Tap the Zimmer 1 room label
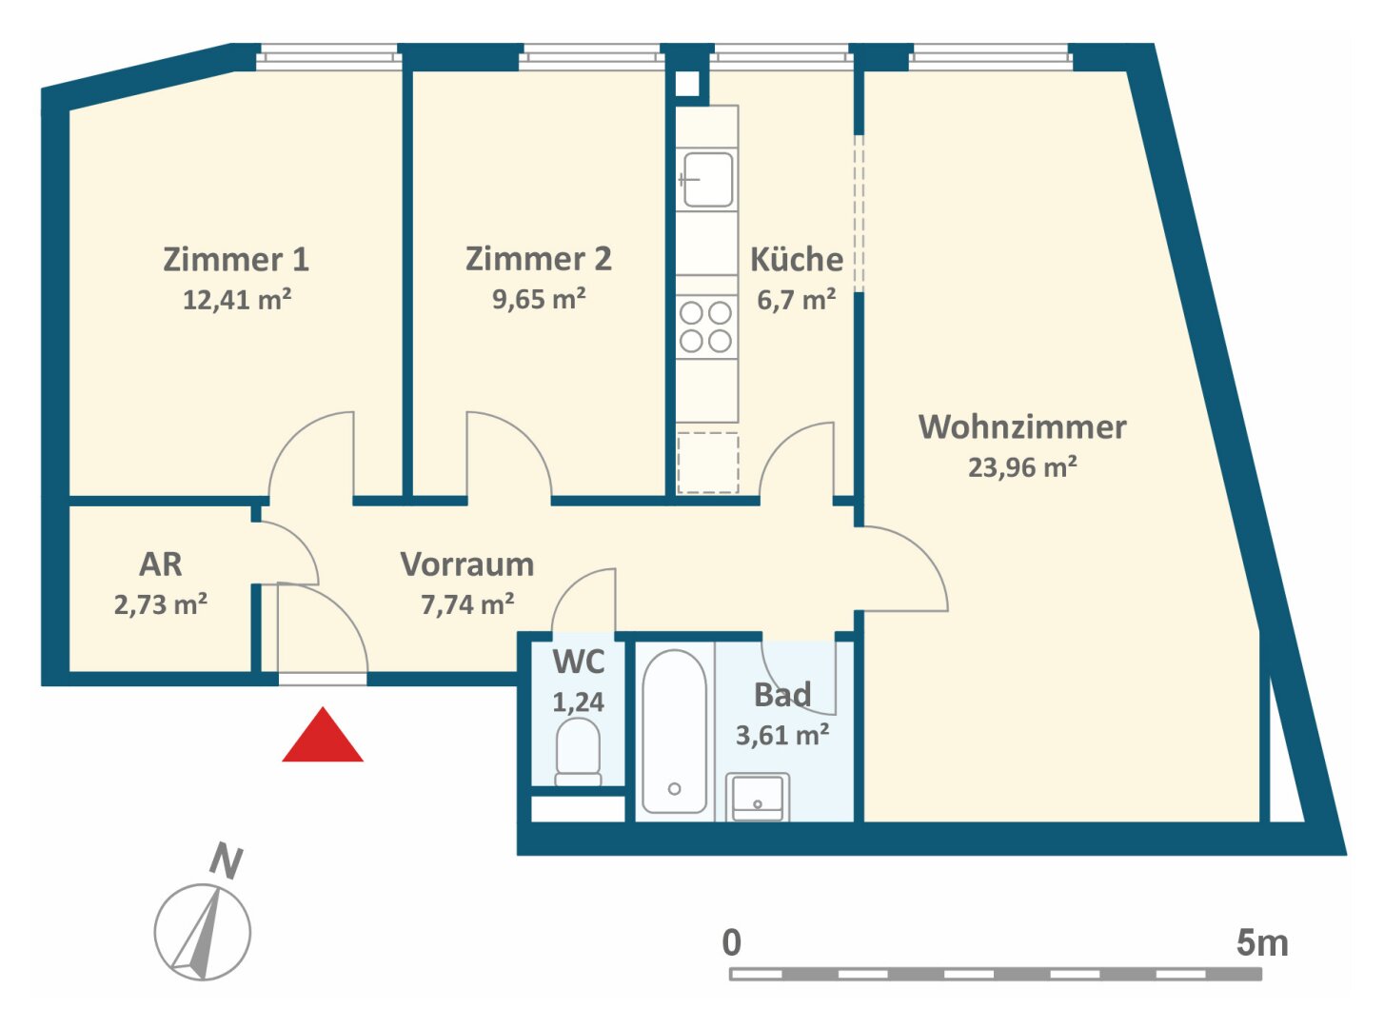[x=236, y=260]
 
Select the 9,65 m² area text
[x=539, y=299]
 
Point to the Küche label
[x=796, y=259]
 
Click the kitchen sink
[x=707, y=179]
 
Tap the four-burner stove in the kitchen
[x=706, y=326]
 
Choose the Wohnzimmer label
[x=1022, y=427]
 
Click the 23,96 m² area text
[x=1022, y=467]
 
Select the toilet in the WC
[x=578, y=752]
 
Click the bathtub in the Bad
[x=674, y=732]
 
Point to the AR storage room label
[x=160, y=564]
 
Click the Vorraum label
[x=466, y=564]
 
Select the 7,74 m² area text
[x=467, y=604]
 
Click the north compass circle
[x=203, y=932]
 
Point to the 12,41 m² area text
[x=236, y=300]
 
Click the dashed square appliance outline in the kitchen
[x=707, y=463]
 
